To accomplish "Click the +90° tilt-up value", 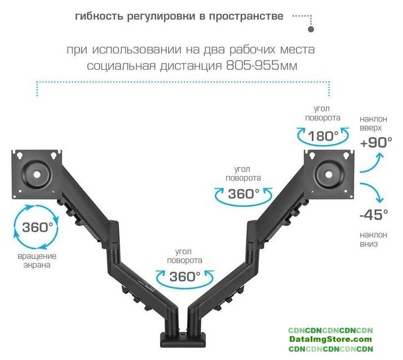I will (x=376, y=142).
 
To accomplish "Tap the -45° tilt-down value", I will (x=373, y=214).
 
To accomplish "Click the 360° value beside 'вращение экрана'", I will (x=37, y=227).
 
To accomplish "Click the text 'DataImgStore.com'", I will (x=330, y=339).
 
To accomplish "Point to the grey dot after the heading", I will (x=312, y=28).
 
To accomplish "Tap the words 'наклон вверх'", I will (x=373, y=123).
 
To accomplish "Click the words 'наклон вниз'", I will (x=373, y=239).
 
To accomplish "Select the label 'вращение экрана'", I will (x=37, y=260).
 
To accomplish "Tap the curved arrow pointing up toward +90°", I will (x=369, y=163).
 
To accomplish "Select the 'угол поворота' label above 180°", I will (x=323, y=113).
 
